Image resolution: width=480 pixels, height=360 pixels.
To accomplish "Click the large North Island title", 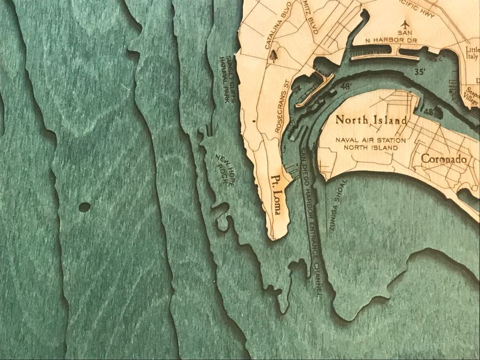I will [371, 120].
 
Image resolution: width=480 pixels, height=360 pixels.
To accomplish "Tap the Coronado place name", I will [444, 159].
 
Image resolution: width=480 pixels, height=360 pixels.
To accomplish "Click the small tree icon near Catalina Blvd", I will [274, 55].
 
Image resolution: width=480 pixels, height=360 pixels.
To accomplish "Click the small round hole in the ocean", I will [84, 206].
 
